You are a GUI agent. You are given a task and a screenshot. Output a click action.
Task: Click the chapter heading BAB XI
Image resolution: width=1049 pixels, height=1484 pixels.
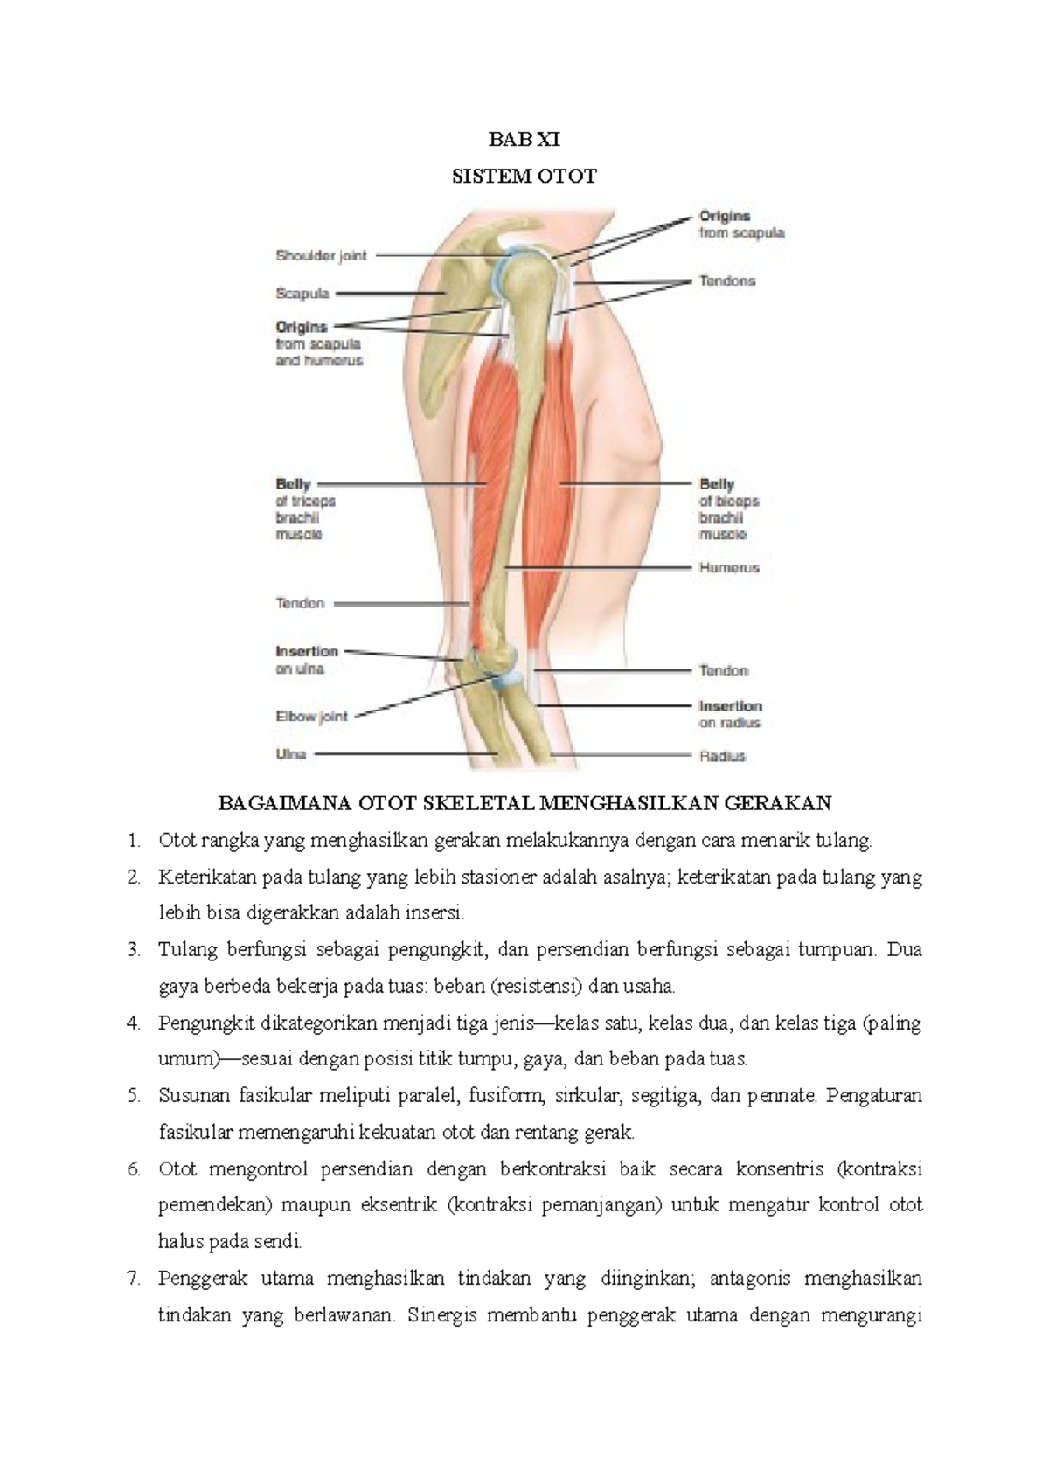[x=524, y=140]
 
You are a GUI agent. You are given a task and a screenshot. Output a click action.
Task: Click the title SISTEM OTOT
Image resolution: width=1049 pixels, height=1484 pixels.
[x=524, y=177]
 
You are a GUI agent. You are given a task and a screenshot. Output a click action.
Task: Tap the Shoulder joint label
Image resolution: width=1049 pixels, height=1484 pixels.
[x=321, y=256]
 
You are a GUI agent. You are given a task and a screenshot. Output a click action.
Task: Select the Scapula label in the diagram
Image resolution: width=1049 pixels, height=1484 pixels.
[x=302, y=294]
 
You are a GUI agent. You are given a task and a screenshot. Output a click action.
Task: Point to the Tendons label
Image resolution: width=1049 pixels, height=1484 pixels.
[x=726, y=281]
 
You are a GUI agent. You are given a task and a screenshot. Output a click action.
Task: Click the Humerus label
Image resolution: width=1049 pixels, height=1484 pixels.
[x=729, y=568]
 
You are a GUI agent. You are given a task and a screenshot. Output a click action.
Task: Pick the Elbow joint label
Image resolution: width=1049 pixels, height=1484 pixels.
[x=311, y=717]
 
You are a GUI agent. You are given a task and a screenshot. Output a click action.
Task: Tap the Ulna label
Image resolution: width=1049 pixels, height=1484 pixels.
[x=290, y=754]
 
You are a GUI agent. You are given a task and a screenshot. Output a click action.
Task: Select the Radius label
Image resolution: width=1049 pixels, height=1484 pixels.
[x=722, y=756]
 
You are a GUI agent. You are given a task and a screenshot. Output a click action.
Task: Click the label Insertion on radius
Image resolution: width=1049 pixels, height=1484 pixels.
[x=730, y=714]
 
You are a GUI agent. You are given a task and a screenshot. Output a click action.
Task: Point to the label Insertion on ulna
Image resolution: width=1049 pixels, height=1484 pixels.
[x=306, y=660]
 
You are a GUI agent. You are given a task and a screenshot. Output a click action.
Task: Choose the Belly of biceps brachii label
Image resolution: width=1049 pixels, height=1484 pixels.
[x=728, y=509]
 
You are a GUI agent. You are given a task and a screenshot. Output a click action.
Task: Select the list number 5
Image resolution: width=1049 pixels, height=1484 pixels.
[x=133, y=1096]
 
